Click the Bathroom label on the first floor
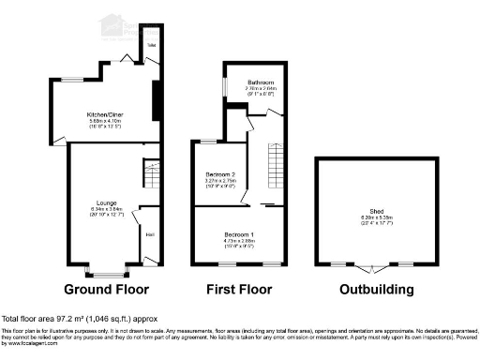click(247, 82)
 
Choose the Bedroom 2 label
click(219, 175)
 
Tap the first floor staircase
click(275, 164)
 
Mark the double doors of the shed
click(371, 268)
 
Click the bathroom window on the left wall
click(225, 86)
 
